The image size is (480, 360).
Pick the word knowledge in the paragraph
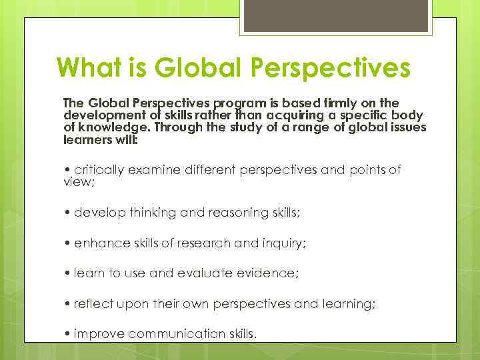point(108,127)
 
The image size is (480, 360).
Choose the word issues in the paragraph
point(407,127)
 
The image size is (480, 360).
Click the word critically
point(99,169)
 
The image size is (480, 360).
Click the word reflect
point(93,304)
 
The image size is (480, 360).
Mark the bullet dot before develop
point(67,212)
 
